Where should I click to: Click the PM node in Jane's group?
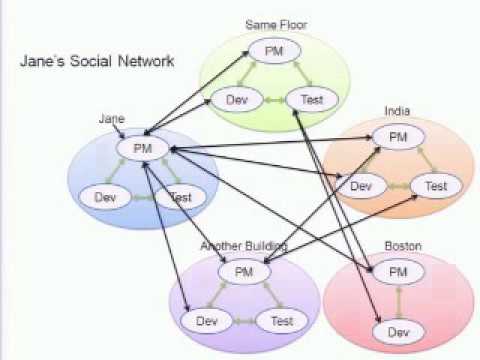(x=139, y=148)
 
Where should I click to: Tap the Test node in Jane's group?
(x=180, y=197)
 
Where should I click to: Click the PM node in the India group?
(x=397, y=136)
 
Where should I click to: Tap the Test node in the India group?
(x=436, y=185)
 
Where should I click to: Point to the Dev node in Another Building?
(x=206, y=321)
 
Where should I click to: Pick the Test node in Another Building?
(x=281, y=321)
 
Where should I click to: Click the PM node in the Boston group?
(x=397, y=271)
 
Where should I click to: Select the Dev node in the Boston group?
(x=397, y=331)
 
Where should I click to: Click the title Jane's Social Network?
(x=97, y=61)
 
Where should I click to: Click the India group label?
(x=397, y=111)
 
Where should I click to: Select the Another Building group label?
(x=244, y=245)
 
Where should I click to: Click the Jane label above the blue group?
(x=110, y=119)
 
